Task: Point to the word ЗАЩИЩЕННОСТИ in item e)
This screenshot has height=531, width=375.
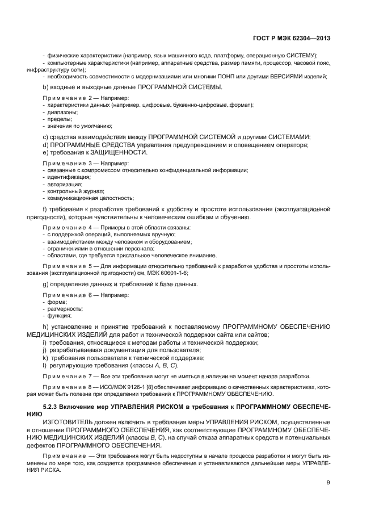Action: (113, 152)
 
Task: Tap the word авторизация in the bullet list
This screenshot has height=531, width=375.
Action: (58, 184)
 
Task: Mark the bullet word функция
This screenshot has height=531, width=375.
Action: (56, 316)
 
